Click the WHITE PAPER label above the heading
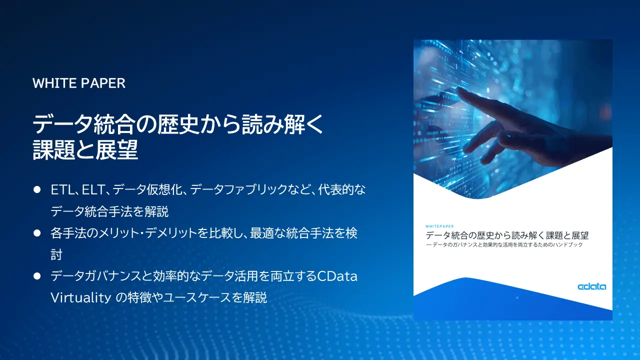coord(79,83)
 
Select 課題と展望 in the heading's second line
coord(85,150)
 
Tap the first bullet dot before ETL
coord(36,190)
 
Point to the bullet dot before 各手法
coord(36,233)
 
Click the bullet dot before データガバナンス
coord(36,276)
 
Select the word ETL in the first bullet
coord(60,190)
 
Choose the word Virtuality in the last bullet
coord(80,298)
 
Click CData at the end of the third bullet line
coord(337,276)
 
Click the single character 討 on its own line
coord(56,254)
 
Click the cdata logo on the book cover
coord(591,287)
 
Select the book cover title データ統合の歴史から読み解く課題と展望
coord(506,235)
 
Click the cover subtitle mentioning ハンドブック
coord(504,245)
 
